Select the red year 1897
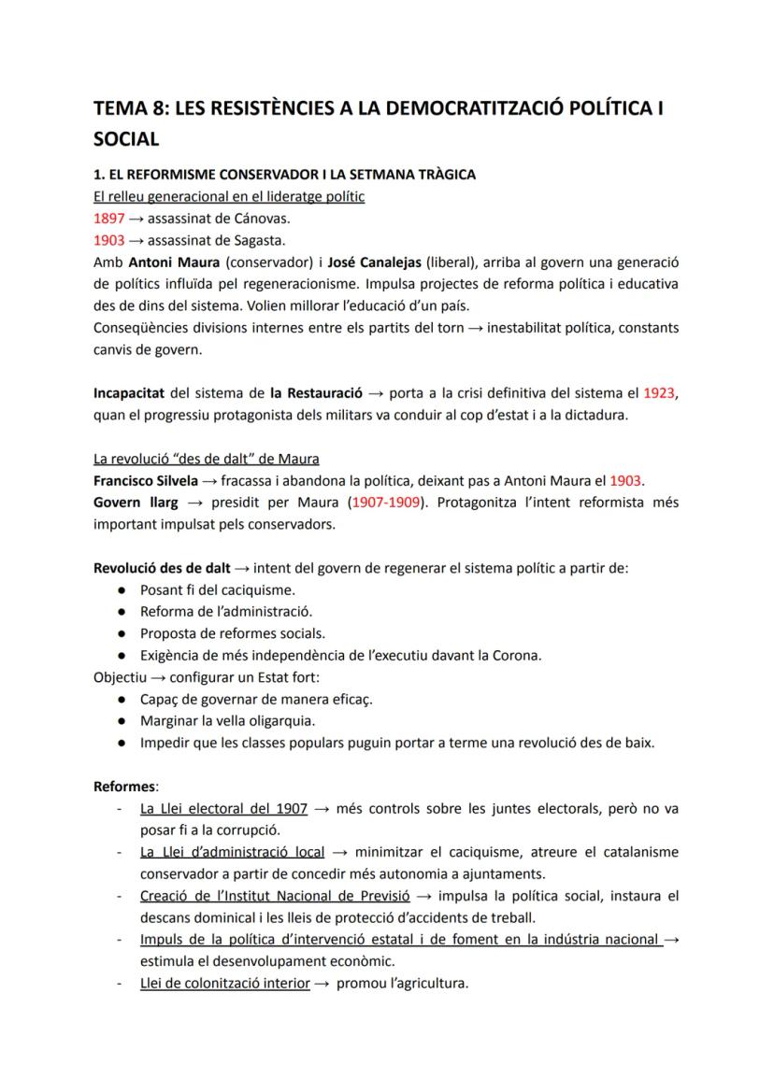click(x=109, y=219)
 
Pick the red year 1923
click(x=661, y=393)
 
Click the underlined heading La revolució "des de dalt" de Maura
click(x=207, y=459)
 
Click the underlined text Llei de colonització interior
click(x=224, y=983)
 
